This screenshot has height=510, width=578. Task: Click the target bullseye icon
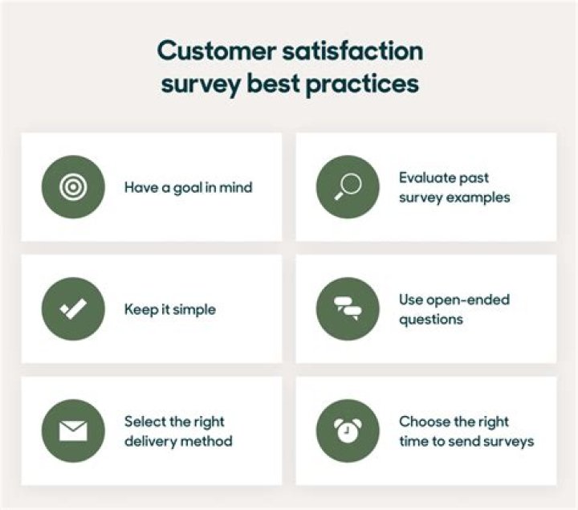tap(73, 187)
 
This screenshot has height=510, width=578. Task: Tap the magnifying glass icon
tap(348, 187)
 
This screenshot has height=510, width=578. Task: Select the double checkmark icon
tap(73, 309)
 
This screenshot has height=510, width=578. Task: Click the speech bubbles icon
tap(348, 309)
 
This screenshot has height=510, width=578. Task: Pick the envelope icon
tap(73, 430)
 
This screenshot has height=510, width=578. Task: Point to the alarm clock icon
tap(348, 430)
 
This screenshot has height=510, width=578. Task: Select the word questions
tap(431, 320)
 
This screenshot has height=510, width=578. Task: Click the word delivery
tap(150, 441)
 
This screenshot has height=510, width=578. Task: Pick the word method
tap(206, 441)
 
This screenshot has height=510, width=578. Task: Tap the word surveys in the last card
tap(507, 441)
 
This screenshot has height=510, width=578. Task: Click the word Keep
tap(140, 309)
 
